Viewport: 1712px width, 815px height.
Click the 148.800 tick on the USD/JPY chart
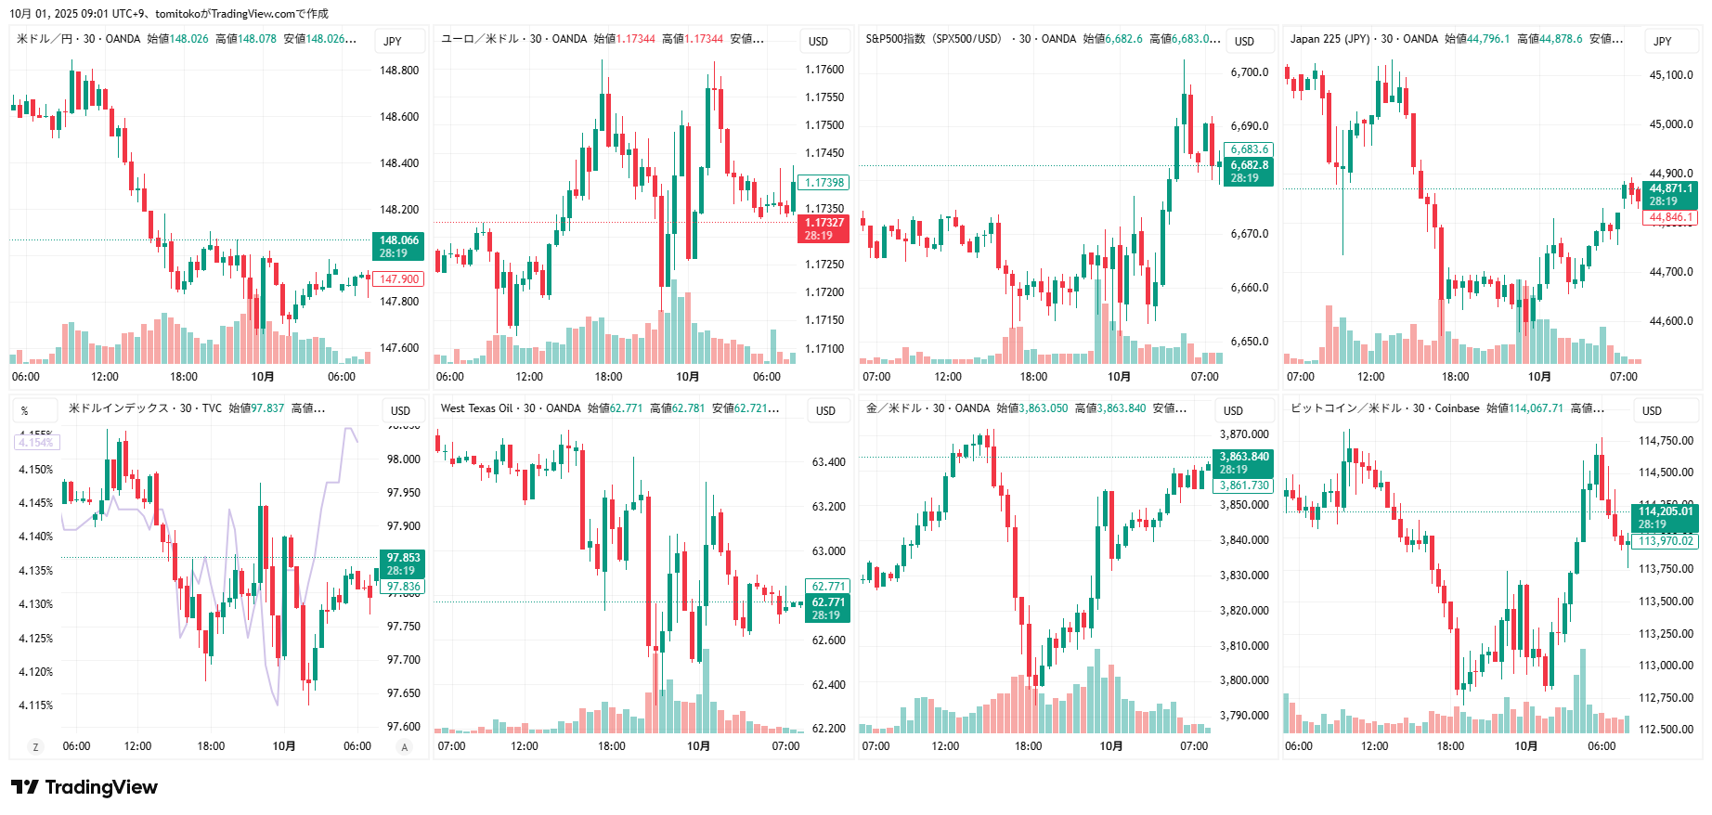399,71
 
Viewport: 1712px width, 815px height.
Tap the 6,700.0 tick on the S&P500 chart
1249,72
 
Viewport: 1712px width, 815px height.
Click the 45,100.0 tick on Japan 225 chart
1671,75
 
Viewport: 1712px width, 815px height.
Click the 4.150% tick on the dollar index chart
36,470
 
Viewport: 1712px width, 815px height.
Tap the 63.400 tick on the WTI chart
828,462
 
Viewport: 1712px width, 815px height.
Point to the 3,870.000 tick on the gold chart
1244,434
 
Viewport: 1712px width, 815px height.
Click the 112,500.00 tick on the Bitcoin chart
1666,730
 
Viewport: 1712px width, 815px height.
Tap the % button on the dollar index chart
24,410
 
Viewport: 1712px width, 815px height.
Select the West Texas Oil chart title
476,408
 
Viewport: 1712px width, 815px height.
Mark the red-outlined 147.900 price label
398,279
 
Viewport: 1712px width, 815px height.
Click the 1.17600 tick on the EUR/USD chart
824,70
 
